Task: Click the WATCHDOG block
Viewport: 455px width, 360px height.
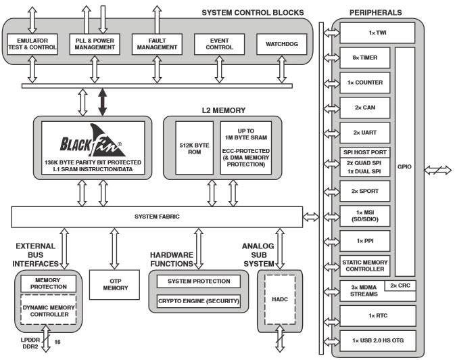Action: (282, 45)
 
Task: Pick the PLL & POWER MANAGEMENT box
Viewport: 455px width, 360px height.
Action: (93, 45)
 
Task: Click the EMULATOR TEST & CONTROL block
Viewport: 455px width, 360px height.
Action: (32, 45)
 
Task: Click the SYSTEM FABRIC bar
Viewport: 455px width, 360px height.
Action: (156, 217)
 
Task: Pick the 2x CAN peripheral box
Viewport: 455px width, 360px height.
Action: (364, 108)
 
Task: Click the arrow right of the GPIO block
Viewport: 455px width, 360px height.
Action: (437, 170)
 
